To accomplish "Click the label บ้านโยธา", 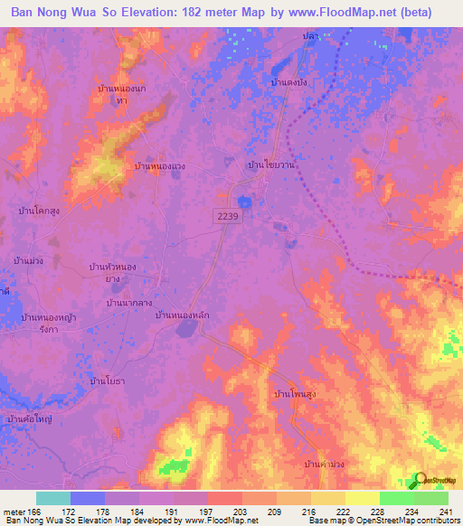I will point(108,382).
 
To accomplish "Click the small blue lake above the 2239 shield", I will point(243,201).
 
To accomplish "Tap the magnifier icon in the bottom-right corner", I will point(420,480).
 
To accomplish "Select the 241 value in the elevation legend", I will point(443,511).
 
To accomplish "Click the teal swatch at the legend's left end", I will point(53,498).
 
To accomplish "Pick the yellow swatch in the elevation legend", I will point(362,498).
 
